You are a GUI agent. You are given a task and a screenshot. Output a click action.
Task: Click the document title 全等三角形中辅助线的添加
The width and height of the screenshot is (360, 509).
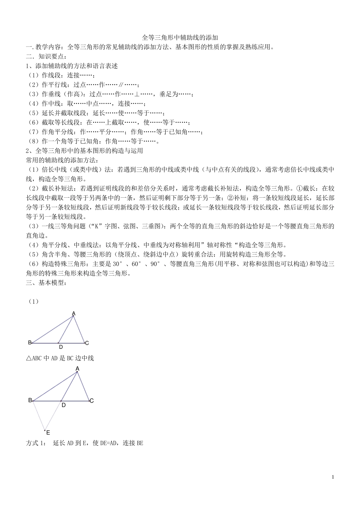pyautogui.click(x=180, y=38)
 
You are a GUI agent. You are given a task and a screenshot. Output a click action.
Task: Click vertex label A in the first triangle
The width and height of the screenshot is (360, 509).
pyautogui.click(x=74, y=313)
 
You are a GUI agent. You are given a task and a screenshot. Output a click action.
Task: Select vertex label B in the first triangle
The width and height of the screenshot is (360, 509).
pyautogui.click(x=30, y=343)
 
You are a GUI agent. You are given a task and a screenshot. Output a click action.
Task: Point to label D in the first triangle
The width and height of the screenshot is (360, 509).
pyautogui.click(x=61, y=347)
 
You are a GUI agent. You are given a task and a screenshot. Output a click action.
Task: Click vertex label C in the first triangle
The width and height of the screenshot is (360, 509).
pyautogui.click(x=87, y=343)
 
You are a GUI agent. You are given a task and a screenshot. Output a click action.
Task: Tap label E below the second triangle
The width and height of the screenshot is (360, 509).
pyautogui.click(x=48, y=432)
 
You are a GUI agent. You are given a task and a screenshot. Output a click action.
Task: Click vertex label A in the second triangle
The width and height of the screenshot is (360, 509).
pyautogui.click(x=77, y=368)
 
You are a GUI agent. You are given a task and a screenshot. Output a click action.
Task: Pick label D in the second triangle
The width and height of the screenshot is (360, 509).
pyautogui.click(x=64, y=405)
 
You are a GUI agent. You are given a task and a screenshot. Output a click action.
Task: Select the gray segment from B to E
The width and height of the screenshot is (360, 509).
pyautogui.click(x=39, y=415)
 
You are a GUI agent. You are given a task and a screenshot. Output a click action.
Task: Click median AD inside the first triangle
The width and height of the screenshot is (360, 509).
pyautogui.click(x=66, y=329)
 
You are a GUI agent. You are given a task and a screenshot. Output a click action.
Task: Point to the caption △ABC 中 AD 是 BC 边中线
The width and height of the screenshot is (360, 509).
pyautogui.click(x=60, y=358)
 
